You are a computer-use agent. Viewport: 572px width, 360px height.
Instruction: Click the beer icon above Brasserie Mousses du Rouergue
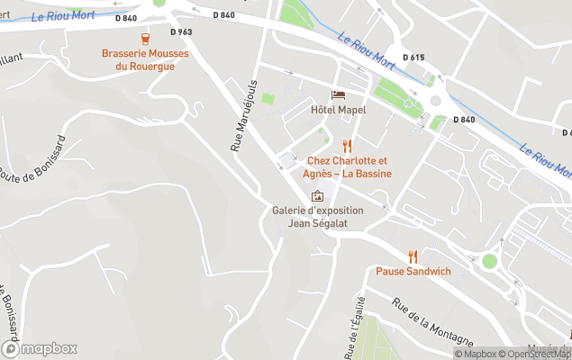(145, 39)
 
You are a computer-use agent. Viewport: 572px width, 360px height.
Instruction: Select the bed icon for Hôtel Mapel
(338, 94)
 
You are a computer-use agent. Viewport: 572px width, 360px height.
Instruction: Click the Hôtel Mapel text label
(338, 110)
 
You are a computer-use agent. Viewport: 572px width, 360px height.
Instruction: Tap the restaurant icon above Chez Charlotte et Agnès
(347, 146)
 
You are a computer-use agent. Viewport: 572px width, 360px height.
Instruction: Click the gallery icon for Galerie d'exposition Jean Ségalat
(317, 196)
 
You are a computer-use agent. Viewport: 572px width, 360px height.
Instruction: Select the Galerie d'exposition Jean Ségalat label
(318, 217)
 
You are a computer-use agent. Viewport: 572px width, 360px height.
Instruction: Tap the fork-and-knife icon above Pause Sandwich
(413, 256)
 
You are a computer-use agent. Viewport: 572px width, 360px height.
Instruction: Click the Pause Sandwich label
(413, 272)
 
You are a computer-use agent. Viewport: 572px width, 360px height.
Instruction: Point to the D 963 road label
(179, 31)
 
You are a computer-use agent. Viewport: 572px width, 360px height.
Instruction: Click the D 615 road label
(413, 58)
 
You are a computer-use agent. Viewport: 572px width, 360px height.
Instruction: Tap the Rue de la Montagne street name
(431, 320)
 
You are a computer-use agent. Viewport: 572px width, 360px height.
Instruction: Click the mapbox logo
(40, 348)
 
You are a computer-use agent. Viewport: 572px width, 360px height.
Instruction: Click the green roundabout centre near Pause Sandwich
(489, 261)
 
